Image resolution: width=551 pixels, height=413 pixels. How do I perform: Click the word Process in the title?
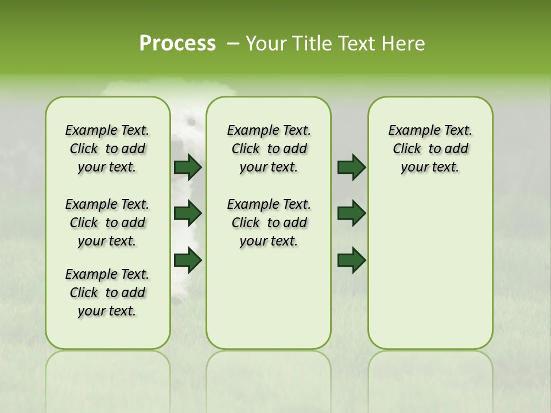pyautogui.click(x=177, y=44)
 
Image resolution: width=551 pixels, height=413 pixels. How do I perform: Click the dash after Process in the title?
pyautogui.click(x=233, y=44)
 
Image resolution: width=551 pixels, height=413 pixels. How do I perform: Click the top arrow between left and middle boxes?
pyautogui.click(x=188, y=167)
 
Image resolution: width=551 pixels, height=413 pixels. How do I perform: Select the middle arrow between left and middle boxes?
pyautogui.click(x=188, y=213)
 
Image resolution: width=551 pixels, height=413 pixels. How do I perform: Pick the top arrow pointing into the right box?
pyautogui.click(x=352, y=167)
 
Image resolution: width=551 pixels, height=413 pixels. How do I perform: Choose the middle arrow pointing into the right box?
pyautogui.click(x=352, y=213)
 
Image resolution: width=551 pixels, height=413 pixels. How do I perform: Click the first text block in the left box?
pyautogui.click(x=107, y=149)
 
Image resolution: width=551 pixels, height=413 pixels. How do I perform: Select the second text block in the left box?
pyautogui.click(x=107, y=223)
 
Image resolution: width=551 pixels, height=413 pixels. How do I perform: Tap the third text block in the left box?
pyautogui.click(x=107, y=293)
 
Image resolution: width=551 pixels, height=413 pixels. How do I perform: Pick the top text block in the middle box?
pyautogui.click(x=269, y=149)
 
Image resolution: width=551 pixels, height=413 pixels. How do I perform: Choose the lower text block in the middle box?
pyautogui.click(x=269, y=223)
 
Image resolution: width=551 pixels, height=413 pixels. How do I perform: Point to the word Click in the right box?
pyautogui.click(x=407, y=149)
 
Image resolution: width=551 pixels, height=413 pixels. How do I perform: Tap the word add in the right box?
pyautogui.click(x=457, y=149)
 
